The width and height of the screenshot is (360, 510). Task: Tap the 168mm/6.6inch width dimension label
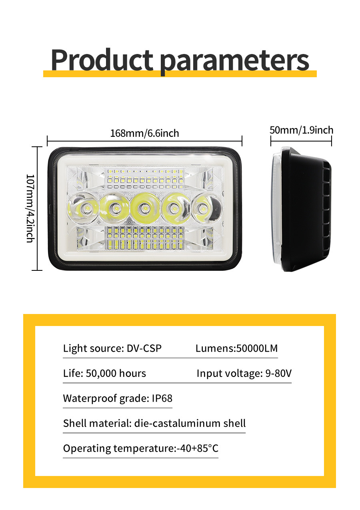(144, 133)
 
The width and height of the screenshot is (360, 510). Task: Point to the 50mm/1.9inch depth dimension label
(301, 130)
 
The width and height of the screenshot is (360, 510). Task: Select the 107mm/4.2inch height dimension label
(30, 208)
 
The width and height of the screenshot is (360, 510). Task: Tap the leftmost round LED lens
(83, 208)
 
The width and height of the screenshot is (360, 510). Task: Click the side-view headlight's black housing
(304, 208)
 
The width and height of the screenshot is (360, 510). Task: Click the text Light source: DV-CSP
(112, 348)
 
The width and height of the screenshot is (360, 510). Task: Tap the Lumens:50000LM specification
(236, 348)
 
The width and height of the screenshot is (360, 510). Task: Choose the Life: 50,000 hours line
(104, 374)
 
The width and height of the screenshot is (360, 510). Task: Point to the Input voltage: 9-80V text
(244, 374)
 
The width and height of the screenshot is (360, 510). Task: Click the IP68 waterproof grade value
(162, 398)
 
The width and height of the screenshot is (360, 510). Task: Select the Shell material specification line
(154, 423)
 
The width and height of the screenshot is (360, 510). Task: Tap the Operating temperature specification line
(141, 448)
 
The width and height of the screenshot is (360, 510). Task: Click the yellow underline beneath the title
(180, 74)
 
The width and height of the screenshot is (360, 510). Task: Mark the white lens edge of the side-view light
(276, 208)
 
